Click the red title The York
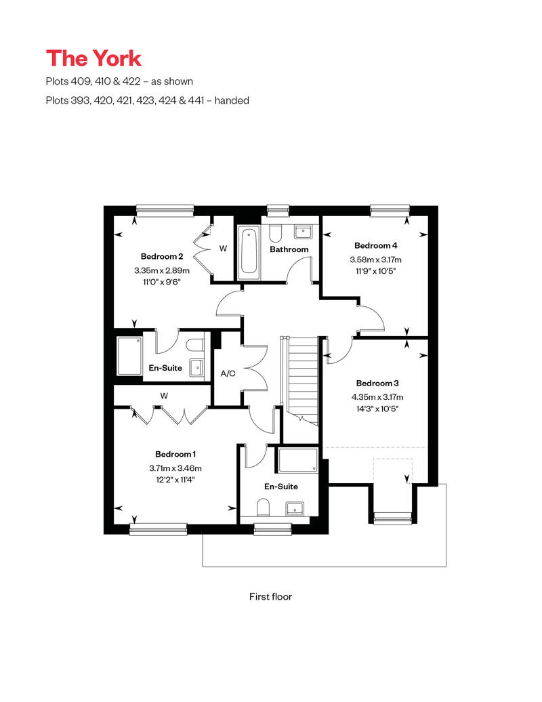[x=93, y=58]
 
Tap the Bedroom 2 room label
[x=162, y=256]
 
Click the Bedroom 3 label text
[x=376, y=383]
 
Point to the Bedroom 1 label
[x=175, y=454]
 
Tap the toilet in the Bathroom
[x=275, y=233]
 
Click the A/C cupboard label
[x=228, y=373]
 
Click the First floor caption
[x=270, y=597]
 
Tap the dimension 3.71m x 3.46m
[x=175, y=468]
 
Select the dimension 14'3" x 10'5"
[x=376, y=409]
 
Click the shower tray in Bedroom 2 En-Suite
[x=129, y=356]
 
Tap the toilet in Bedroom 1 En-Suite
[x=264, y=508]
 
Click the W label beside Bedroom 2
[x=222, y=249]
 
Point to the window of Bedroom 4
[x=390, y=211]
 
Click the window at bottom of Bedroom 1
[x=158, y=529]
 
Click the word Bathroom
[x=289, y=249]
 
